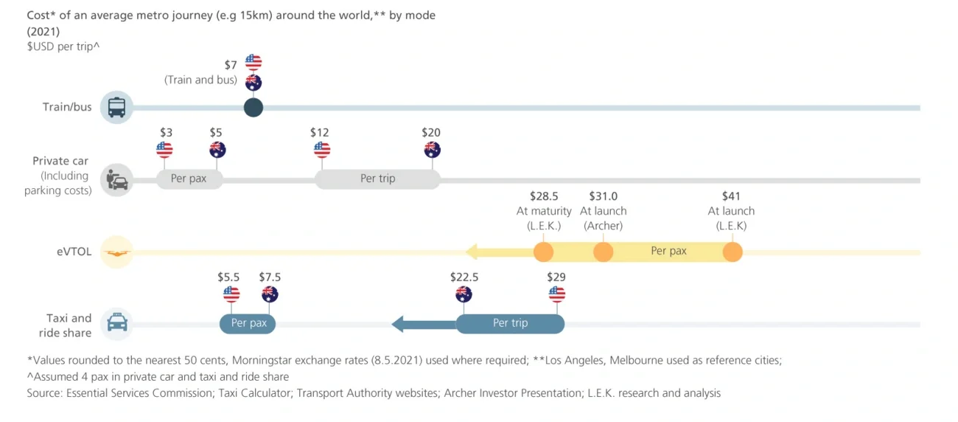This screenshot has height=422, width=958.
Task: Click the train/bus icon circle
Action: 116,108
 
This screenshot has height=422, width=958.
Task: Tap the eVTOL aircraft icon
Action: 116,252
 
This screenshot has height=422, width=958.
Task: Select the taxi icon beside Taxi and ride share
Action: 117,323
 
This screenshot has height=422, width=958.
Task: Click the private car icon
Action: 116,180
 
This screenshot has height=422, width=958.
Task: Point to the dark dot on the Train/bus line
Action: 254,108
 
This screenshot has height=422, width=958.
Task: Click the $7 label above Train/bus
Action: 231,66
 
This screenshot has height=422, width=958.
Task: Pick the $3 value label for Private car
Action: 167,132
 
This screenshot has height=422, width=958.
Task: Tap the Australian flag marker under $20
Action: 432,150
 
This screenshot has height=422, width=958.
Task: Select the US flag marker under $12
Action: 322,150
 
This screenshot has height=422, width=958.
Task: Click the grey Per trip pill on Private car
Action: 377,179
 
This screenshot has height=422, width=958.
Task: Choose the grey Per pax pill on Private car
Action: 189,179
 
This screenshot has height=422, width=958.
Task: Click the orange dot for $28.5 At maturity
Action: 543,252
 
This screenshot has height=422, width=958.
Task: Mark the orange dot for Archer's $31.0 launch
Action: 603,252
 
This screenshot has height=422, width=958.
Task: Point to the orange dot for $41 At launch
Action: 732,252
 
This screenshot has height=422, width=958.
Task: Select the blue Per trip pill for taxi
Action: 510,323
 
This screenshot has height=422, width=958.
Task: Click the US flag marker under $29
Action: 557,294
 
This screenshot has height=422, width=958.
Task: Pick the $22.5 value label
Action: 464,277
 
